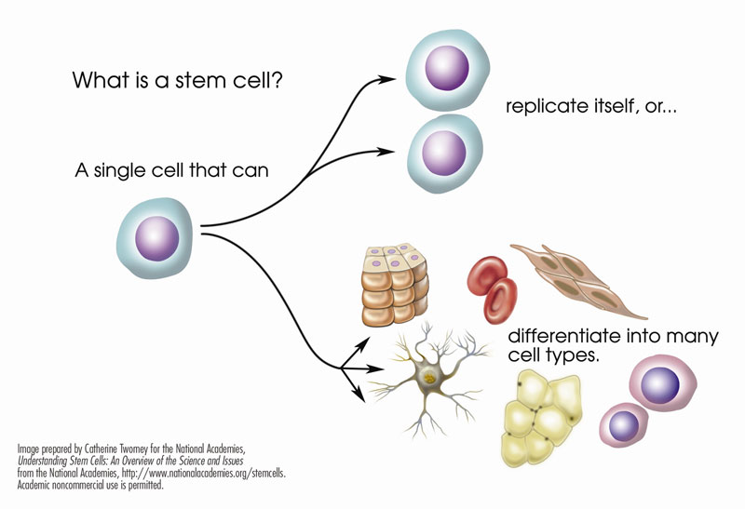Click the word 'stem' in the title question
click(207, 81)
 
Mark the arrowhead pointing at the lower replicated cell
click(395, 149)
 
